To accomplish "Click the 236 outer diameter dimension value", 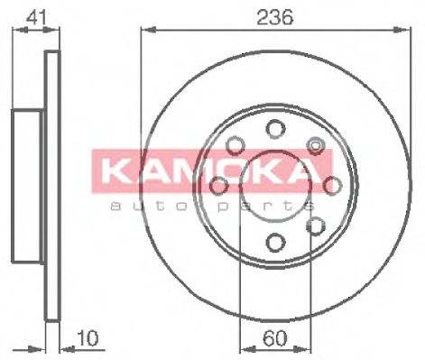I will tap(276, 17).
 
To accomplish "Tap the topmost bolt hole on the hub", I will tap(275, 128).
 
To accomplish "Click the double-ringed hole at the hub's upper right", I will tap(315, 144).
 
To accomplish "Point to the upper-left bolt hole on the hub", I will tap(236, 144).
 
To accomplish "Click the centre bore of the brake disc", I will tap(275, 185).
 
